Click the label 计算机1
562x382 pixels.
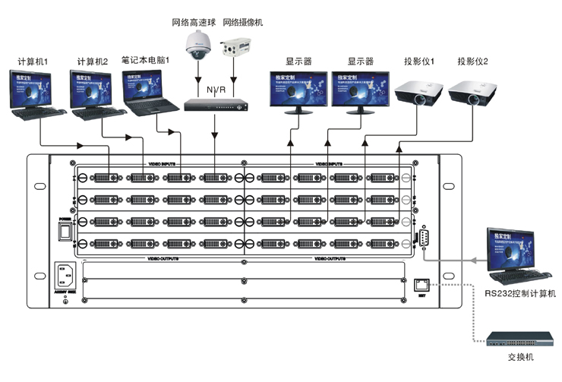point(33,60)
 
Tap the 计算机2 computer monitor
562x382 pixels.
point(92,87)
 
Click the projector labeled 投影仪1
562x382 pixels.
point(418,95)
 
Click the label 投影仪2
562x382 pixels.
point(472,61)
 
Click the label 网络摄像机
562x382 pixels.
point(242,22)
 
